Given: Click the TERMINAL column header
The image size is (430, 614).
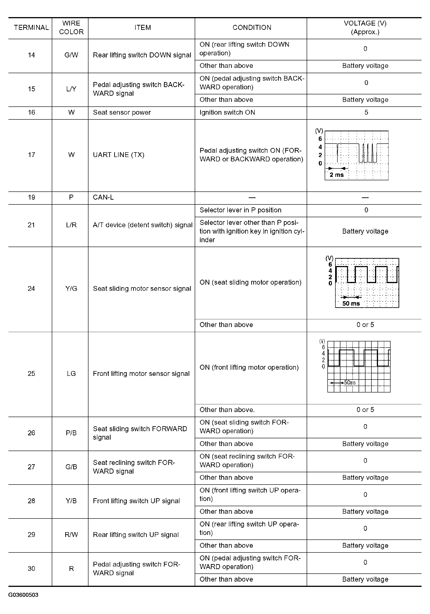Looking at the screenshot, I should click(31, 28).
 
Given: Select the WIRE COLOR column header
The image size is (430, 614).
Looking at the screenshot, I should click(71, 28).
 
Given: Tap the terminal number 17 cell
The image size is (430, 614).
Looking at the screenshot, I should click(31, 155).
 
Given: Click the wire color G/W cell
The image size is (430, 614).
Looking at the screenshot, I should click(71, 55).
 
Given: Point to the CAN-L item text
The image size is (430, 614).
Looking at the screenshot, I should click(103, 197).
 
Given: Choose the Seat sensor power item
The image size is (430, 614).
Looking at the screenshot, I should click(122, 112).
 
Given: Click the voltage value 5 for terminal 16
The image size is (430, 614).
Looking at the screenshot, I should click(366, 112).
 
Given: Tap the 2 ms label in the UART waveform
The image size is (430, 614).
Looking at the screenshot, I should click(336, 175).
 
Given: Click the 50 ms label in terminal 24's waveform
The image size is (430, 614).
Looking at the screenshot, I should click(351, 304).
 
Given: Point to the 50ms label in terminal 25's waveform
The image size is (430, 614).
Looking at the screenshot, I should click(350, 383).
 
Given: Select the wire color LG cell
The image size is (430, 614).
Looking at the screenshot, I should click(71, 374).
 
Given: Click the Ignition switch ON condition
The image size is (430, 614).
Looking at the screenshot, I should click(227, 112).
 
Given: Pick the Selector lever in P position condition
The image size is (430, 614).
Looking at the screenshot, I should click(240, 210).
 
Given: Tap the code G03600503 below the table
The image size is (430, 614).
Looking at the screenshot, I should click(23, 595).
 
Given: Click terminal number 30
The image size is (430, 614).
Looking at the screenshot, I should click(31, 569).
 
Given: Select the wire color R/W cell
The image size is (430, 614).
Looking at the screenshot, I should click(71, 535).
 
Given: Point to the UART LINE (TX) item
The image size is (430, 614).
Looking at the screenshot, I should click(119, 155).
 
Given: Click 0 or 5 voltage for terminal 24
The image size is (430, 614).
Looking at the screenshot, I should click(365, 325).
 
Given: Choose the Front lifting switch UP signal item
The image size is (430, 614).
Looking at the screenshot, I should click(136, 501).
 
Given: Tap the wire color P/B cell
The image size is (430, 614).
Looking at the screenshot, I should click(71, 433).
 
